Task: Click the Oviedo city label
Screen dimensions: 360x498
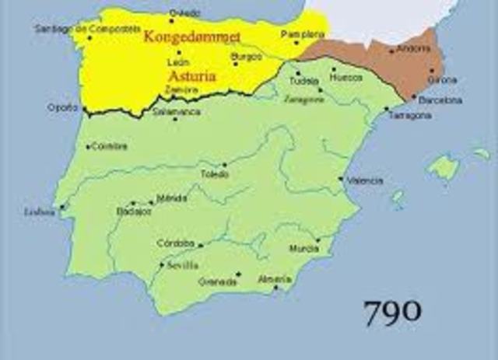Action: coord(184,12)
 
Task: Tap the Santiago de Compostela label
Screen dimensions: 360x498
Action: coord(75,28)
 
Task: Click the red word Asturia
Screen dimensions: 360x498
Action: coord(191,77)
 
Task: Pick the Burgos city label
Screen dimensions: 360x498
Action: coord(246,57)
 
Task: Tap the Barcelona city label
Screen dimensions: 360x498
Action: coord(440,100)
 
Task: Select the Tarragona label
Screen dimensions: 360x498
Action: coord(409,115)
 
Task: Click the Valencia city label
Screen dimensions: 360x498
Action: coord(365,180)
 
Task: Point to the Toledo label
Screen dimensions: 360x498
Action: coord(215,174)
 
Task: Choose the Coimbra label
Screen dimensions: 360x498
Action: coord(109,145)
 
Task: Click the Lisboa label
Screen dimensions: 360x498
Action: coord(40,211)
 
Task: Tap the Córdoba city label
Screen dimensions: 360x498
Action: coord(175,243)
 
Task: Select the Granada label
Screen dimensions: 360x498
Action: coord(217,281)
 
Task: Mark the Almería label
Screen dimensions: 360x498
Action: coord(275,279)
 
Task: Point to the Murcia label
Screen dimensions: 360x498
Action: coord(303,249)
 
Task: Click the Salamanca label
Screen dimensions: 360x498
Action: coord(176,112)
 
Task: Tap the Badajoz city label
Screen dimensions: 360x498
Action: coord(133,210)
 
